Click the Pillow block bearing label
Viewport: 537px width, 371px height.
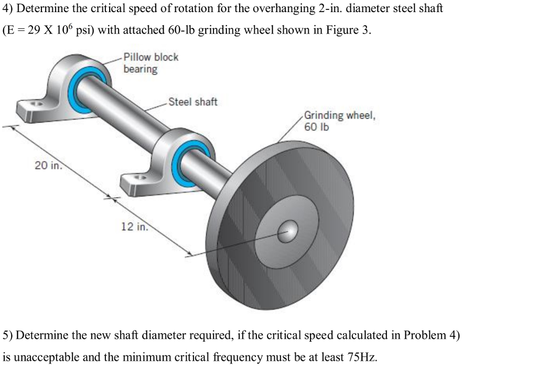click(x=151, y=63)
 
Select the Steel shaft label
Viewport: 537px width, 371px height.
click(x=192, y=102)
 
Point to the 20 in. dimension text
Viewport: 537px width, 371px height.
click(x=48, y=166)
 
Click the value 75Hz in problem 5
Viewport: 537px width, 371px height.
click(x=361, y=357)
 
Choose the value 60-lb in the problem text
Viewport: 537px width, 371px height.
click(x=181, y=30)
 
